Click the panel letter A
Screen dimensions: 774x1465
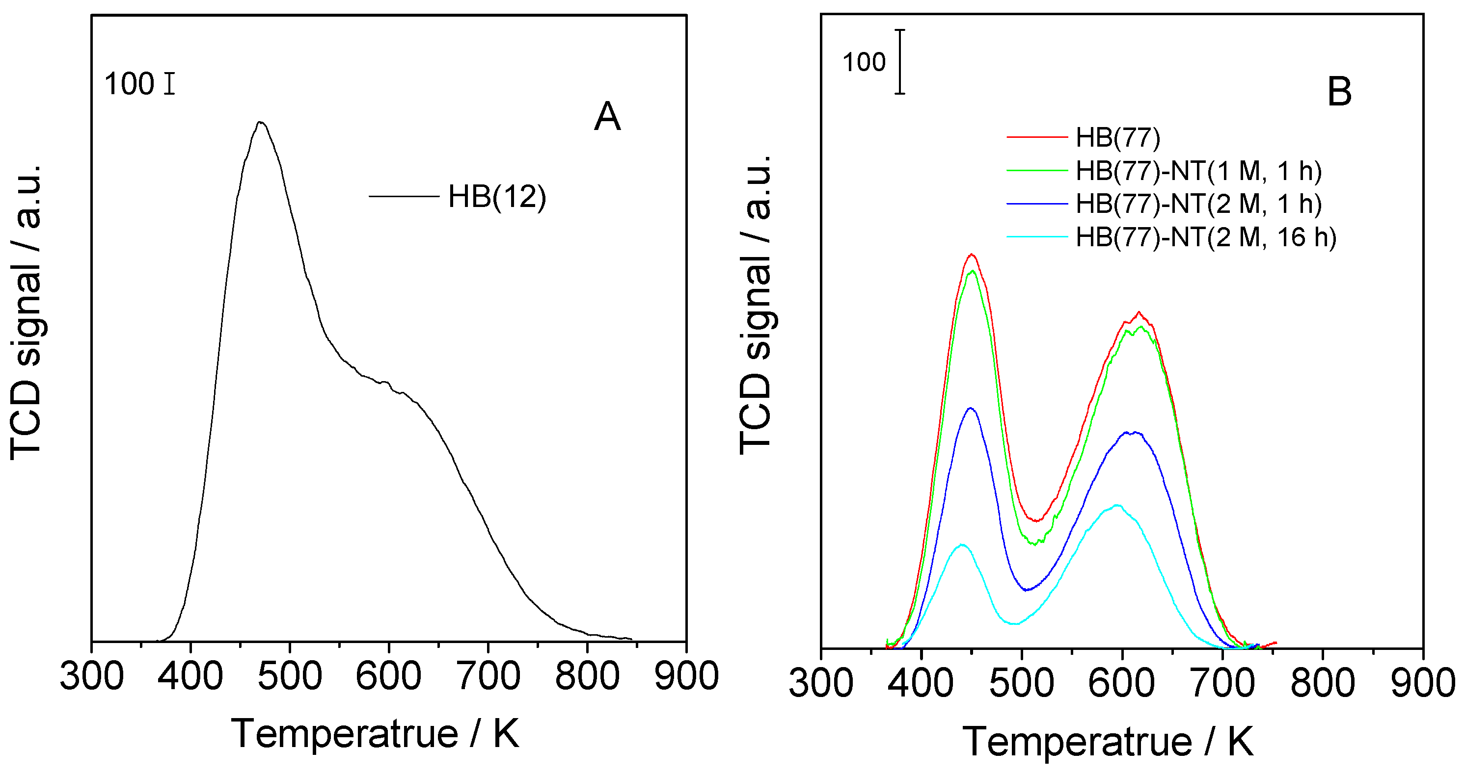607,117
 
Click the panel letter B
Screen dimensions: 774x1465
1339,92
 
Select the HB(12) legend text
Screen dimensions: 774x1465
496,197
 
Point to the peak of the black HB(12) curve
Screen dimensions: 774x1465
261,122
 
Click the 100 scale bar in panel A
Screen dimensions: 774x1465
169,83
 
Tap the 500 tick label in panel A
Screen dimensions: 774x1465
290,676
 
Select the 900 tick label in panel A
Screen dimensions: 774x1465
686,676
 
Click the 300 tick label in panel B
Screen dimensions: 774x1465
821,683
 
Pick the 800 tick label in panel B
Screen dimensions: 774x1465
1322,683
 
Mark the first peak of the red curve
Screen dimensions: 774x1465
972,255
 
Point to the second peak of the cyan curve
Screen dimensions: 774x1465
1117,505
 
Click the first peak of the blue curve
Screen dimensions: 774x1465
970,408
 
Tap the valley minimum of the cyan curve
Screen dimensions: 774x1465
1016,624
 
